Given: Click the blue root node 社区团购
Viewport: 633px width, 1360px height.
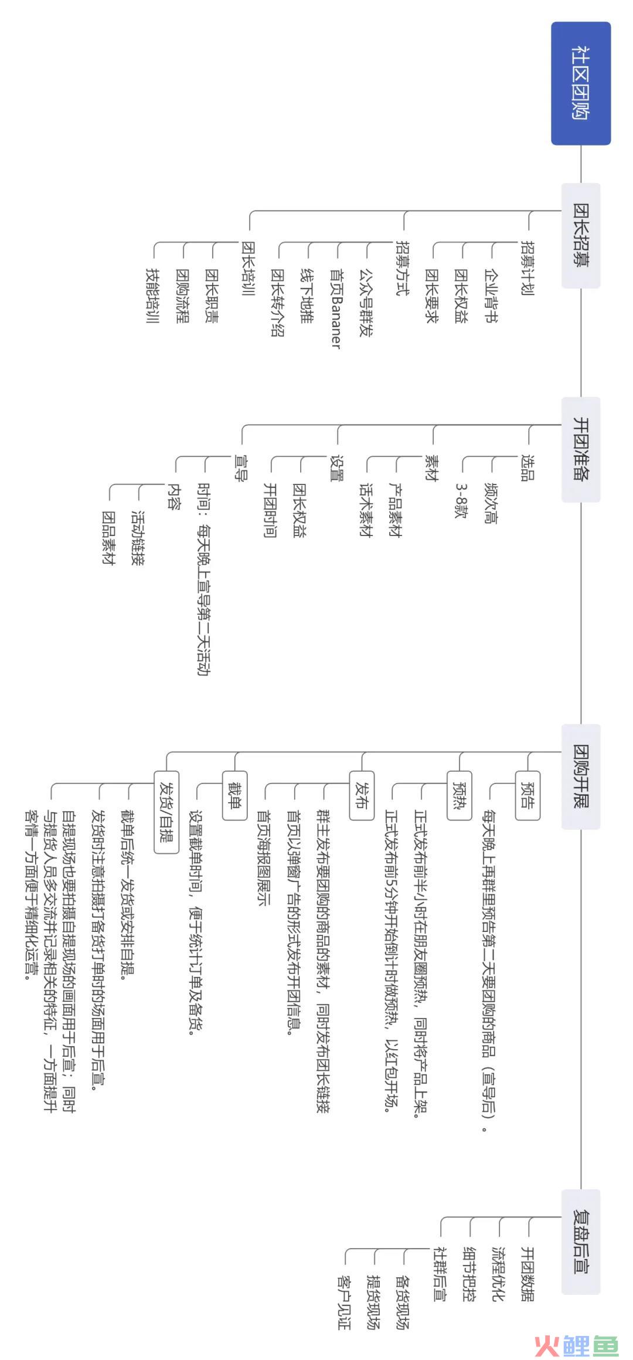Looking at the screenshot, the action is click(x=581, y=83).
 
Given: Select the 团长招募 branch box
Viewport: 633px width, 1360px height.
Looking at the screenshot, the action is click(x=581, y=235).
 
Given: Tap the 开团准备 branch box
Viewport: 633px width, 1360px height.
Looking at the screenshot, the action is click(x=581, y=449).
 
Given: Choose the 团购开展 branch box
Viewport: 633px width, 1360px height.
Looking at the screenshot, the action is click(x=581, y=776).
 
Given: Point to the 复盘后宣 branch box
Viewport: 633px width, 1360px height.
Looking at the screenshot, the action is click(x=581, y=1242).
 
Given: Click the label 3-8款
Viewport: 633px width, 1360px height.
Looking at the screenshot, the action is click(x=461, y=501).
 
